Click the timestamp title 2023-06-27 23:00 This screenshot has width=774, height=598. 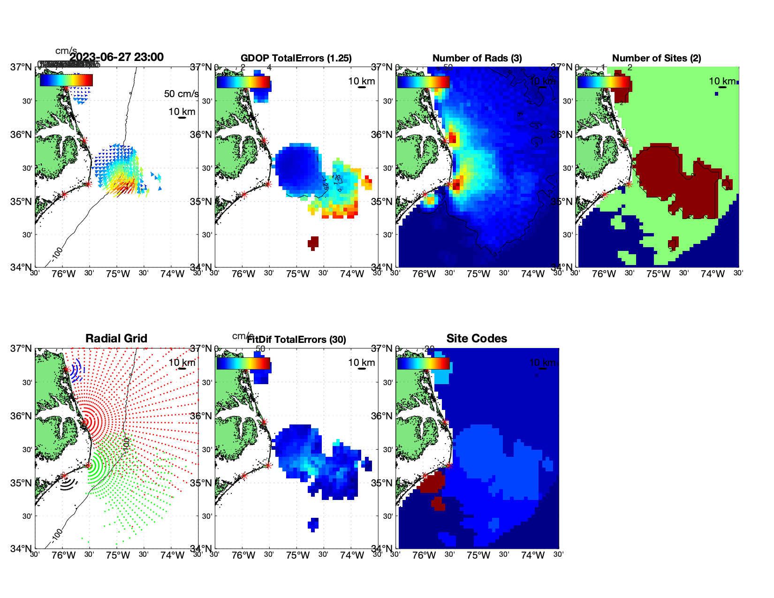pyautogui.click(x=116, y=57)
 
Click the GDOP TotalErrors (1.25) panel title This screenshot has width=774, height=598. pyautogui.click(x=296, y=58)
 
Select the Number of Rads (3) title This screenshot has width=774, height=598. pyautogui.click(x=477, y=58)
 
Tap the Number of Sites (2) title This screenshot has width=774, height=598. pyautogui.click(x=656, y=58)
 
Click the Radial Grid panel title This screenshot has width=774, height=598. pyautogui.click(x=116, y=339)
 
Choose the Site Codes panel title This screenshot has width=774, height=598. pyautogui.click(x=477, y=339)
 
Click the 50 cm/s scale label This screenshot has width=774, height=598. pyautogui.click(x=181, y=94)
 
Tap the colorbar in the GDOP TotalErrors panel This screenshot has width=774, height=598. pyautogui.click(x=243, y=82)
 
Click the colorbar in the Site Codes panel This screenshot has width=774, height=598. pyautogui.click(x=423, y=363)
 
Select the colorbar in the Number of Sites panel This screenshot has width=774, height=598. pyautogui.click(x=604, y=82)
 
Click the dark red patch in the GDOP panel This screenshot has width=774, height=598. pyautogui.click(x=313, y=242)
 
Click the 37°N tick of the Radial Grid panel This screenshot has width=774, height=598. pyautogui.click(x=22, y=348)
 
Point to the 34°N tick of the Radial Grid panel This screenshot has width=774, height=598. pyautogui.click(x=22, y=548)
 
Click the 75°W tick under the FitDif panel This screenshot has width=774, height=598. pyautogui.click(x=298, y=555)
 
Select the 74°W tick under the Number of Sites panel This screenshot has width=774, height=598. pyautogui.click(x=713, y=274)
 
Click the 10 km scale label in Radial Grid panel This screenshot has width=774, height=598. pyautogui.click(x=182, y=363)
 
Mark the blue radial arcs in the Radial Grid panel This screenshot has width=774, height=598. pyautogui.click(x=77, y=371)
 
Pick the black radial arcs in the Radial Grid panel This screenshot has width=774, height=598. pyautogui.click(x=68, y=484)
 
